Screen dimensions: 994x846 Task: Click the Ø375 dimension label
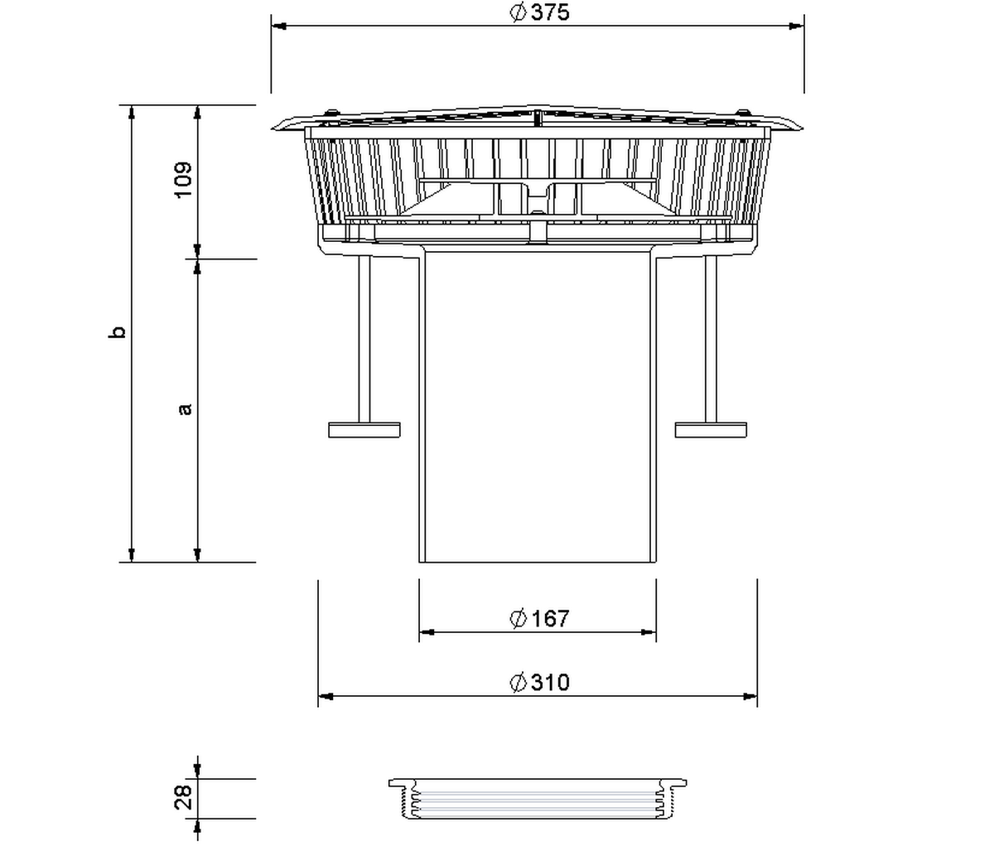pyautogui.click(x=539, y=12)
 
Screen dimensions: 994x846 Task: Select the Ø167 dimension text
pyautogui.click(x=539, y=618)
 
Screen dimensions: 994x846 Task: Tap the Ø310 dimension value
pyautogui.click(x=539, y=683)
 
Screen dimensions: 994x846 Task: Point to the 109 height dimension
pyautogui.click(x=183, y=180)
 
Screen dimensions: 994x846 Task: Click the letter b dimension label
pyautogui.click(x=118, y=332)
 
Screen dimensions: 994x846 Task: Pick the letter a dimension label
pyautogui.click(x=186, y=408)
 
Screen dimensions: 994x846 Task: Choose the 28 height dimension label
pyautogui.click(x=183, y=797)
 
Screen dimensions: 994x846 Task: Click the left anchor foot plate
pyautogui.click(x=364, y=430)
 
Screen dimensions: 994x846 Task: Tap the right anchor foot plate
pyautogui.click(x=711, y=430)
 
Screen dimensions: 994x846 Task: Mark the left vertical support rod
pyautogui.click(x=364, y=339)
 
